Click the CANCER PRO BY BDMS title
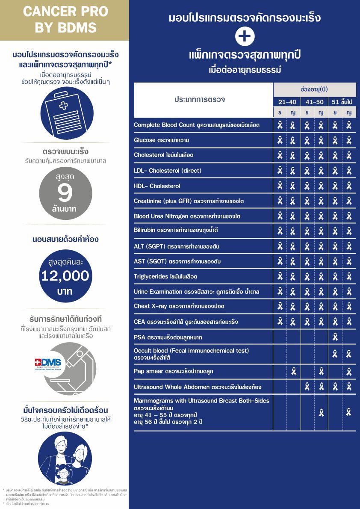65,20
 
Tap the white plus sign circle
245,37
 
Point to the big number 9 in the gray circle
65,193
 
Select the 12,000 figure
65,276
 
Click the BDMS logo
48,363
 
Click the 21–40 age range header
286,102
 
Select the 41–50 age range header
314,102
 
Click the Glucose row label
161,140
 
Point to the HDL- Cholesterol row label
157,186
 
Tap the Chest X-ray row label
179,306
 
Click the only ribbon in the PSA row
335,337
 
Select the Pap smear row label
174,371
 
